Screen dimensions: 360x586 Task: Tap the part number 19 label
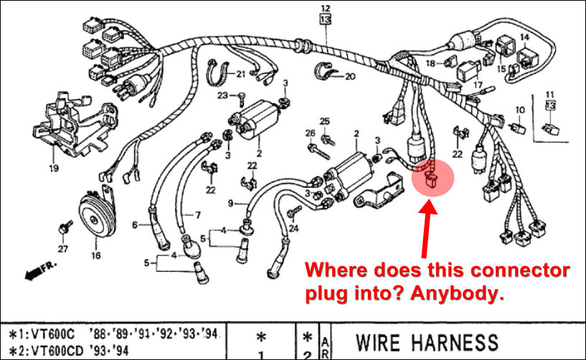tap(53, 169)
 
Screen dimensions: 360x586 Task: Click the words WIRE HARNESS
tap(427, 343)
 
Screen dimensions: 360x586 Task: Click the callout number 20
tap(350, 75)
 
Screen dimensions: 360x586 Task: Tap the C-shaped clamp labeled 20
tap(324, 72)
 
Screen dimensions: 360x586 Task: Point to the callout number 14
tap(524, 36)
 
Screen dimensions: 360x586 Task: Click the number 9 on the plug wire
tap(231, 204)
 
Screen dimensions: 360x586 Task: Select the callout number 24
tap(293, 229)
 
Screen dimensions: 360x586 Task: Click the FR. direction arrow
tap(40, 270)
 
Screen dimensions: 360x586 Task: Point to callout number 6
tap(134, 224)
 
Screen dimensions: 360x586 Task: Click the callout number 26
tap(310, 133)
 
